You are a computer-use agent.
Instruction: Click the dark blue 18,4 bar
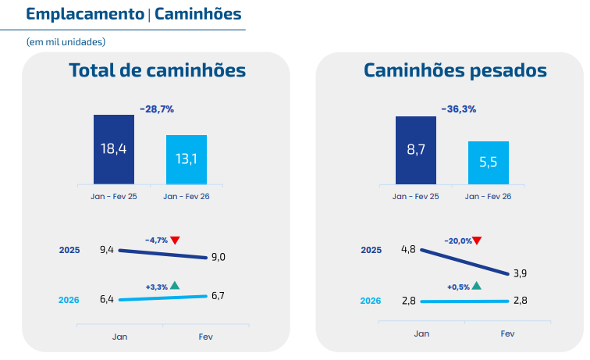click(114, 148)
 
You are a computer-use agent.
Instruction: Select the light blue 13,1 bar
click(186, 159)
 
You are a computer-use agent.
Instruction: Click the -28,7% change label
click(157, 109)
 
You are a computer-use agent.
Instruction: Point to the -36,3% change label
click(458, 109)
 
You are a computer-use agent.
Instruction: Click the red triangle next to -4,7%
click(176, 240)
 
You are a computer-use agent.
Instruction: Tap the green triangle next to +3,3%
click(176, 286)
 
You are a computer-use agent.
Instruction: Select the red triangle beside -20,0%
click(477, 241)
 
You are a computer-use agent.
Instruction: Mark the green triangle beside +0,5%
click(477, 286)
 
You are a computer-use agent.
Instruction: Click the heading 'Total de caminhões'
click(158, 71)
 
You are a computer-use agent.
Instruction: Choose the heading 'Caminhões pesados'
click(455, 71)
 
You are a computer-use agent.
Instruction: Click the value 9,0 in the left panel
click(219, 257)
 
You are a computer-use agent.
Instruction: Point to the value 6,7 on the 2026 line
click(219, 294)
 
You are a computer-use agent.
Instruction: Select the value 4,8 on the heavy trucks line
click(408, 249)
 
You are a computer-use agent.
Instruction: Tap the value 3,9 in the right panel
click(520, 273)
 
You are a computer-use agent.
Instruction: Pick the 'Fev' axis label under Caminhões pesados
click(507, 333)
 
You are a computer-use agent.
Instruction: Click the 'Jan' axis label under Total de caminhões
click(119, 337)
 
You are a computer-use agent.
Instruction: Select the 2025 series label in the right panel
click(371, 250)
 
